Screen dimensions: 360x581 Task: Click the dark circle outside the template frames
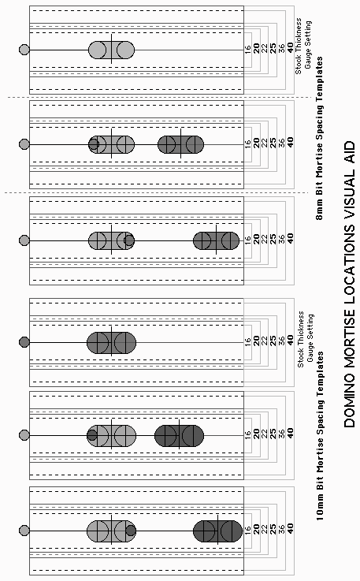point(24,342)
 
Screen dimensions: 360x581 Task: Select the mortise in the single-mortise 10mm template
point(112,343)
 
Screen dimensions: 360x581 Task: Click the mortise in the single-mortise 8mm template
point(112,50)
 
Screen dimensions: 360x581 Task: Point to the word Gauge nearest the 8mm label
point(307,45)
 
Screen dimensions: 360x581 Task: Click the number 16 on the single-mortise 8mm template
point(247,48)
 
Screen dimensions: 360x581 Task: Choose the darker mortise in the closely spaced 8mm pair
point(180,144)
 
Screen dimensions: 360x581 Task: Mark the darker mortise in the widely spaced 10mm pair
point(217,531)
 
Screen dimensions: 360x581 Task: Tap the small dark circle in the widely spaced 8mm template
point(129,240)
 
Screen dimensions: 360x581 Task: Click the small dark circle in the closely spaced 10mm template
point(92,435)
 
